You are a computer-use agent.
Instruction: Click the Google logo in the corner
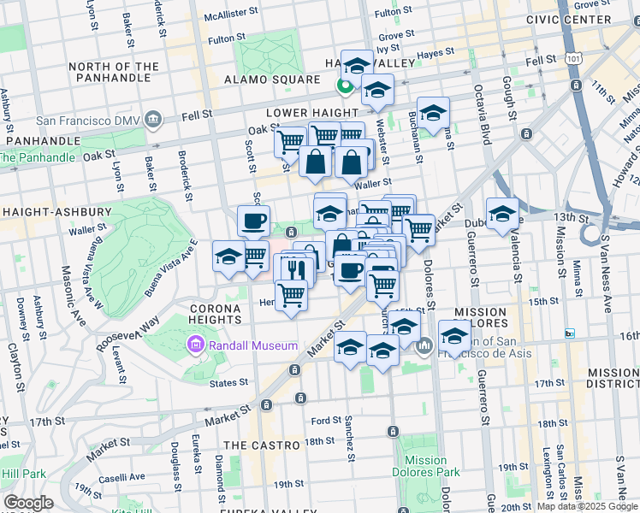pyautogui.click(x=28, y=503)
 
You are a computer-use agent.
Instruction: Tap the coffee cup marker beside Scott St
pyautogui.click(x=253, y=221)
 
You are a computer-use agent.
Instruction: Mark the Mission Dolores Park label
pyautogui.click(x=426, y=465)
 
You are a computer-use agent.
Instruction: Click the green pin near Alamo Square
pyautogui.click(x=345, y=85)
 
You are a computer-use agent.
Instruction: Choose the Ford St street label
pyautogui.click(x=327, y=421)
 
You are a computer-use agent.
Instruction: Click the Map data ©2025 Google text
pyautogui.click(x=586, y=506)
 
